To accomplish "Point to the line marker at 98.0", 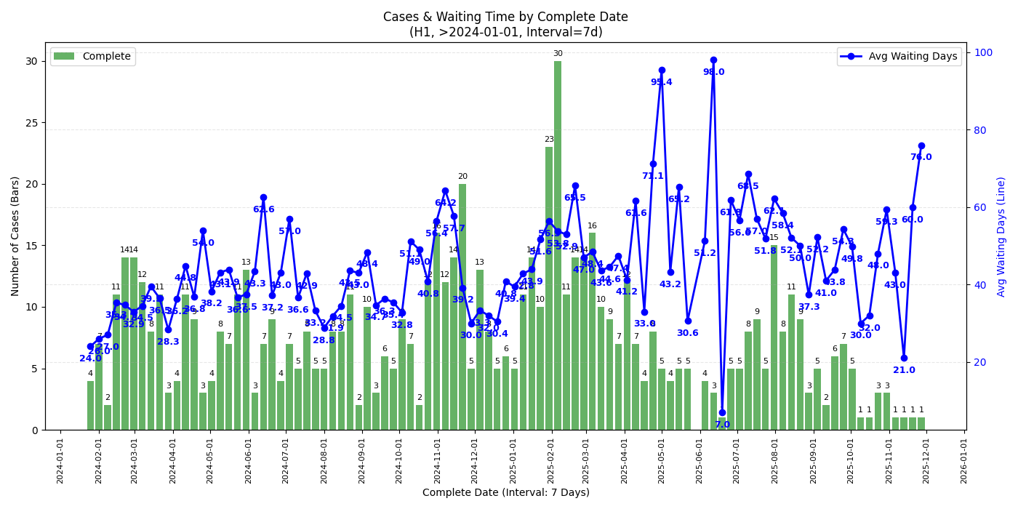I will (x=713, y=60).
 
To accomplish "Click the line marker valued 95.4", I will (x=662, y=71).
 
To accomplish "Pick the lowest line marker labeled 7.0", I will (x=722, y=412).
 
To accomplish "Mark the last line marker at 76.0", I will (x=921, y=145).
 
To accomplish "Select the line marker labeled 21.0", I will (x=904, y=358).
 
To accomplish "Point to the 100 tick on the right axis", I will (x=979, y=52).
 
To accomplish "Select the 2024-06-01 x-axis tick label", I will (x=248, y=459).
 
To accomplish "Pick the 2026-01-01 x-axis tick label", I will (x=963, y=459).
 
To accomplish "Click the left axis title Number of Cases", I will (x=15, y=236).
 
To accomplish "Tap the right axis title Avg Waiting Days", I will (x=1001, y=236).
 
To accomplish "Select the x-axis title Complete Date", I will (x=505, y=492).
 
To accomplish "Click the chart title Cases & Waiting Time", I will (x=505, y=17).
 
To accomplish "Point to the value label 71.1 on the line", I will (x=652, y=176).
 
